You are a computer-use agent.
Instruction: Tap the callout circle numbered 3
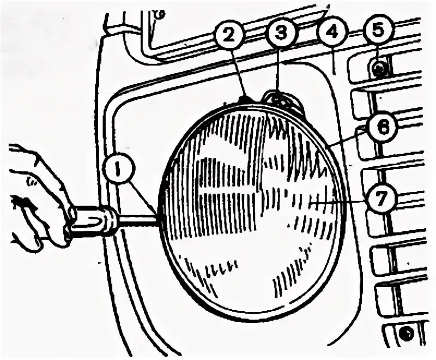[x=280, y=34]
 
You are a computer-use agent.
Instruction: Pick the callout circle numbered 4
[x=330, y=34]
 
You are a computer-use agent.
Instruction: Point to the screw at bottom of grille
[x=404, y=331]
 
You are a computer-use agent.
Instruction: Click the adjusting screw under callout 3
[x=278, y=100]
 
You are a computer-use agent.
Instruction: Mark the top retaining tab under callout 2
[x=244, y=99]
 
